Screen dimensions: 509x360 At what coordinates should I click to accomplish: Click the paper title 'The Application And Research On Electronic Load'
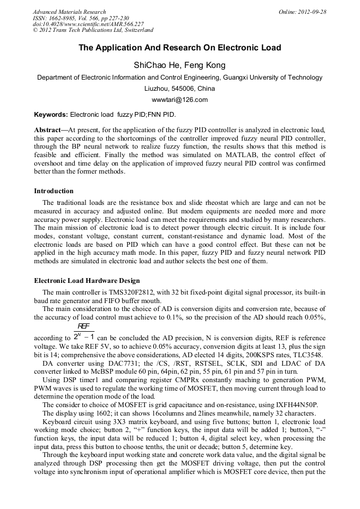click(x=179, y=48)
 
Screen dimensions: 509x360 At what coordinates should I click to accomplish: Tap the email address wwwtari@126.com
click(x=179, y=100)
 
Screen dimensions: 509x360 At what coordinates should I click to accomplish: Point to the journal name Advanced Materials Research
click(x=69, y=12)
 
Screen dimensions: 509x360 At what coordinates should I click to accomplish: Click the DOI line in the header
click(x=88, y=24)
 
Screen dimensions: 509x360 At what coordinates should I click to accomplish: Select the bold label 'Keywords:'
click(x=50, y=114)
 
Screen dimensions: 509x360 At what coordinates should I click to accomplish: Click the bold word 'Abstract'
click(x=47, y=130)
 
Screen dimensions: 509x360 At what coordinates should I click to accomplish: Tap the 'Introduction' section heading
click(x=54, y=191)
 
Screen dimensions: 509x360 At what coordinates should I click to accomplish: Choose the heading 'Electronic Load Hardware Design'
click(x=87, y=280)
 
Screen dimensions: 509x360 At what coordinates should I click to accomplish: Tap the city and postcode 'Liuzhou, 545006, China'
click(x=179, y=88)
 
